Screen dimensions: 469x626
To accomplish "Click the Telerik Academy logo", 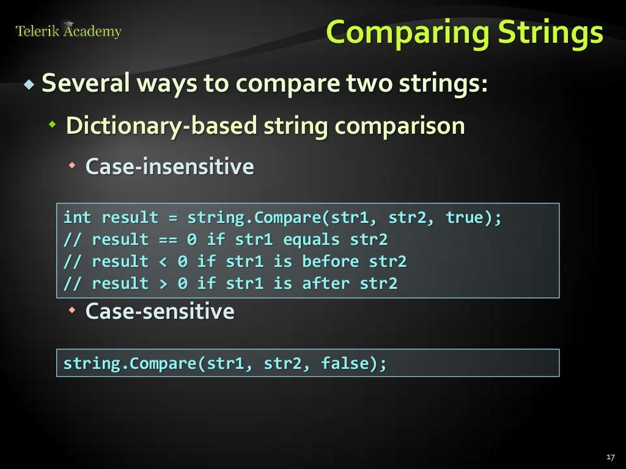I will click(x=68, y=31).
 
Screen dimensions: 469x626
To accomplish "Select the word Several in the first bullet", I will click(x=85, y=83).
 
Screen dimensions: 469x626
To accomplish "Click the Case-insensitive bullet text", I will click(x=169, y=166).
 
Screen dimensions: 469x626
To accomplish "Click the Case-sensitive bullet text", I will click(x=160, y=311).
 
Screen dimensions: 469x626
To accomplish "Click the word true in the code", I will click(x=464, y=218).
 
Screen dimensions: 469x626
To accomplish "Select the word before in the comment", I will click(x=331, y=262).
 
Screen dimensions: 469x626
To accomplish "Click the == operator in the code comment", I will click(x=168, y=240).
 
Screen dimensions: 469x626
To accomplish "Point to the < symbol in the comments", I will click(x=163, y=262).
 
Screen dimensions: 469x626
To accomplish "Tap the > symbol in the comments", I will click(x=163, y=284).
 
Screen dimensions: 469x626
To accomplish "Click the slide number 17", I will click(x=609, y=457).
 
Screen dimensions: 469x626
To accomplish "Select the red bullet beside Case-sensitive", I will click(x=72, y=311).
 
